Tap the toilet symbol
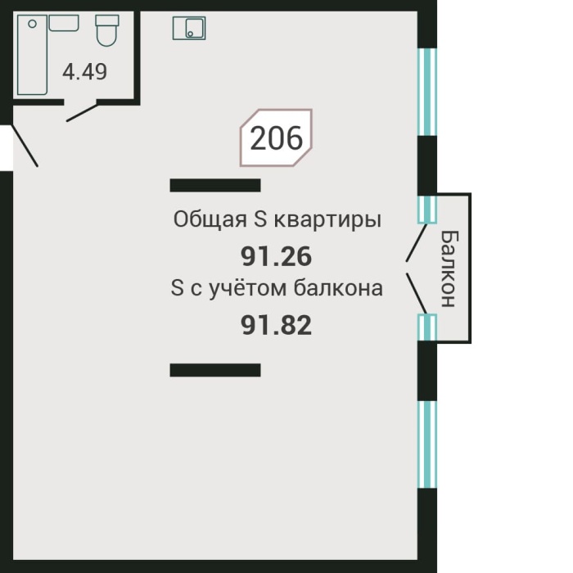click(106, 31)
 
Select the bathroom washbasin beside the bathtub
click(64, 22)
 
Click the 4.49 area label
click(85, 72)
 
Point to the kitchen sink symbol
click(189, 29)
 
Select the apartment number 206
click(276, 139)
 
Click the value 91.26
click(277, 257)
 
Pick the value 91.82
click(277, 326)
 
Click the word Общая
click(201, 220)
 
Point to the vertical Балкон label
click(449, 268)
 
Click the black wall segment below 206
click(214, 185)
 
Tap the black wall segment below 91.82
click(214, 370)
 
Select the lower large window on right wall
click(426, 444)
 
